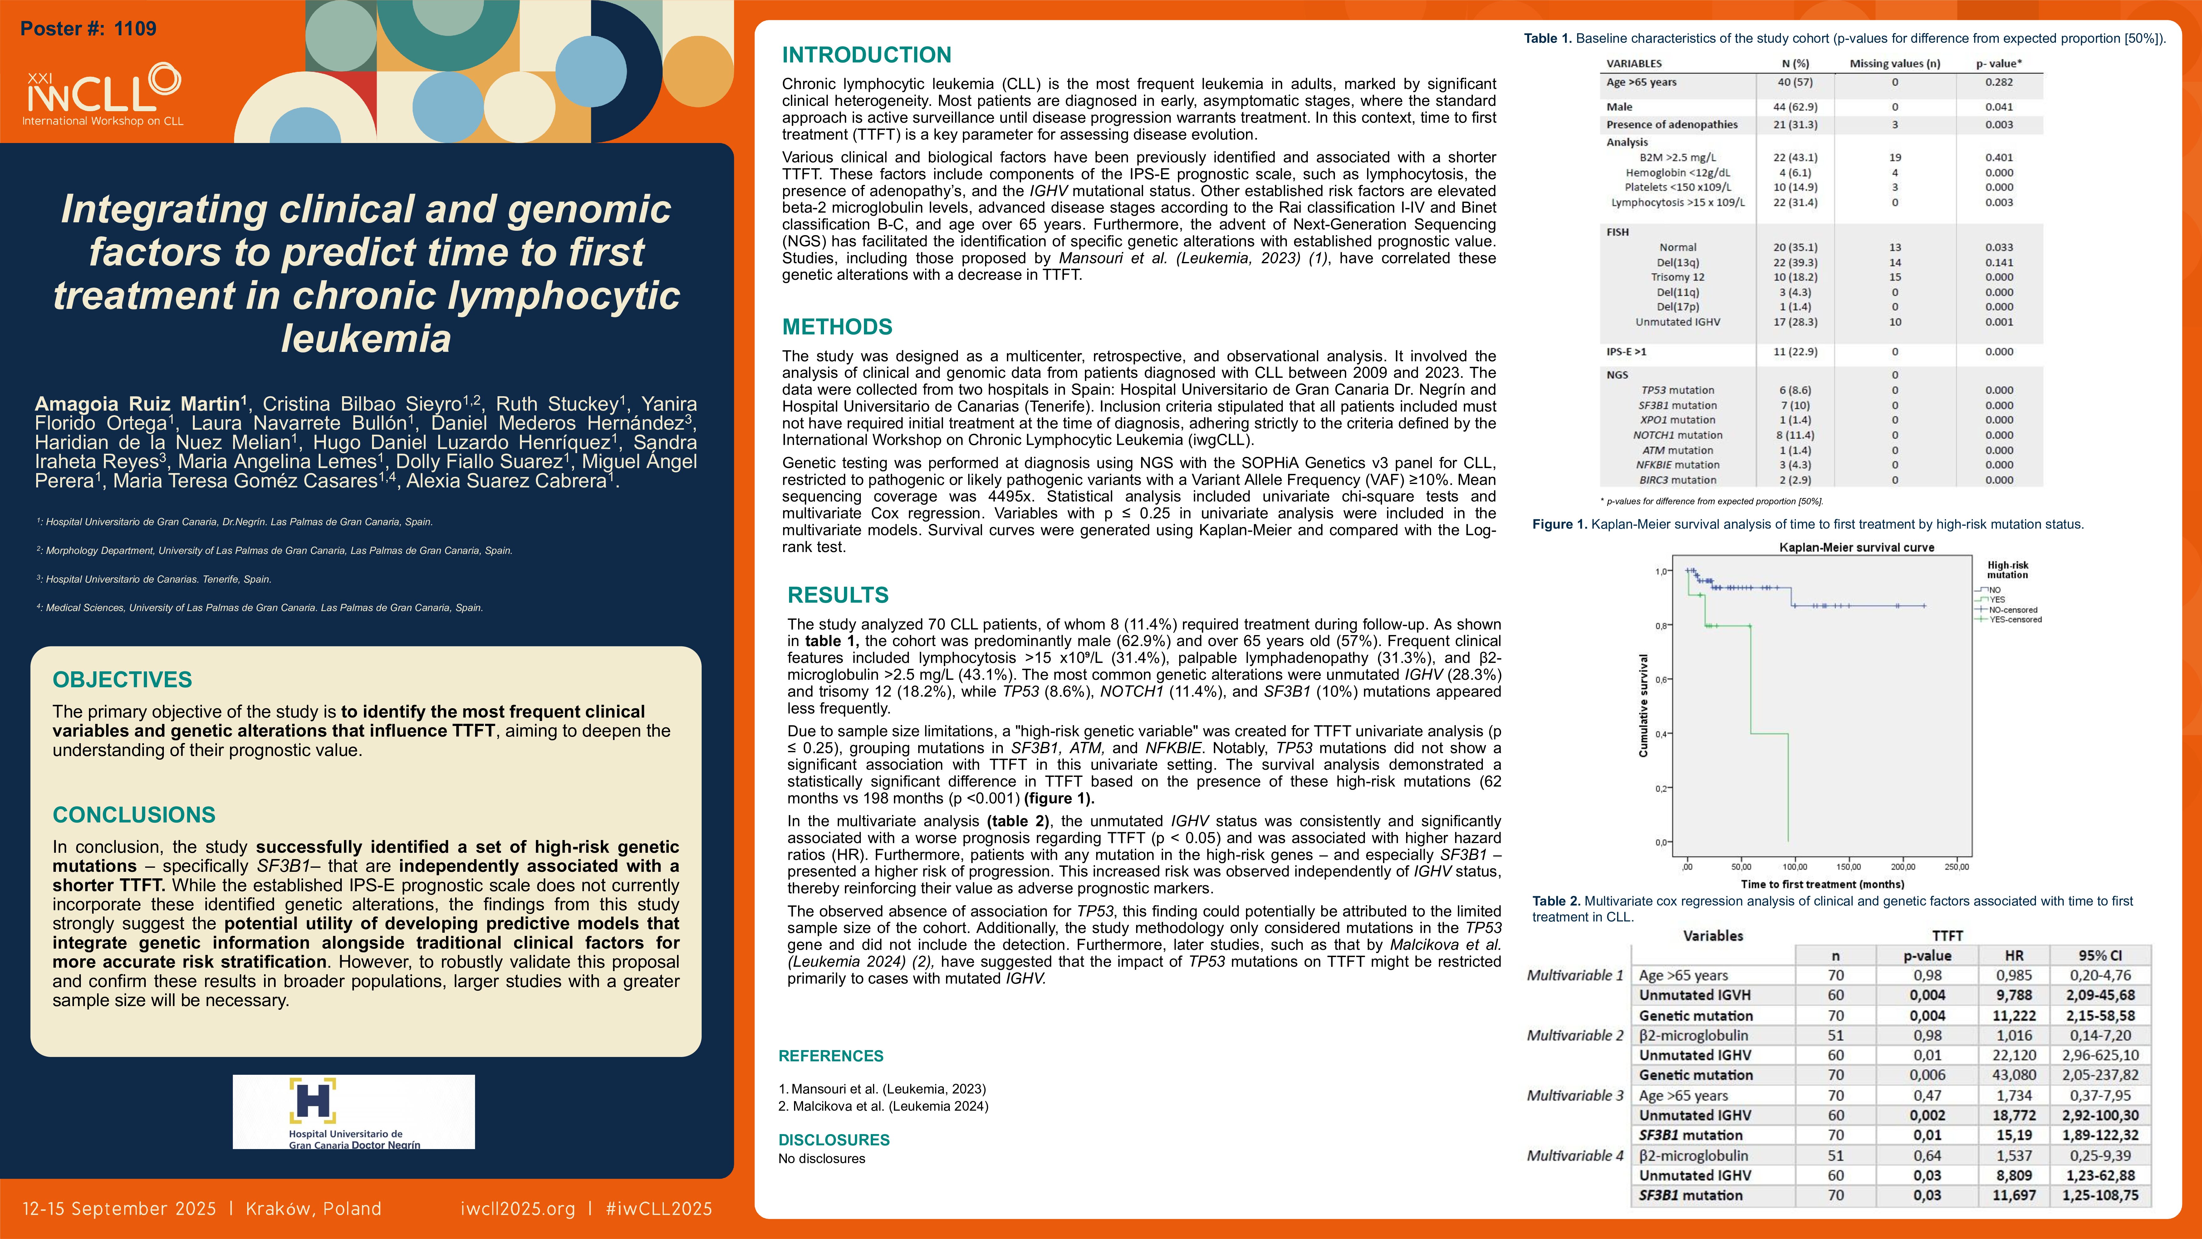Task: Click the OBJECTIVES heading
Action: click(x=122, y=680)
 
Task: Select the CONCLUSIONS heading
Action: click(x=134, y=815)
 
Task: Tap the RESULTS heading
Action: click(x=838, y=595)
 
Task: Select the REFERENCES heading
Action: click(x=830, y=1056)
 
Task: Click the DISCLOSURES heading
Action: click(x=833, y=1140)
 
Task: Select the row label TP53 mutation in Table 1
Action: click(x=1677, y=390)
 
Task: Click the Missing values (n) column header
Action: click(x=1894, y=63)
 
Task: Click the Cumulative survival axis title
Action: click(x=1642, y=705)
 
